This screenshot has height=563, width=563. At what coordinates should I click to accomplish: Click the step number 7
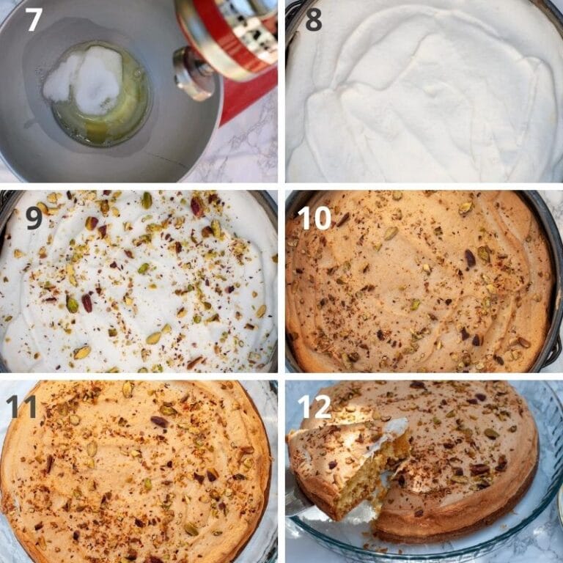[34, 19]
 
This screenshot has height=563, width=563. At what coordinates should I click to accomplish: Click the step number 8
[313, 19]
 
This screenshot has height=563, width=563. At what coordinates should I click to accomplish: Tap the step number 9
[34, 218]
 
